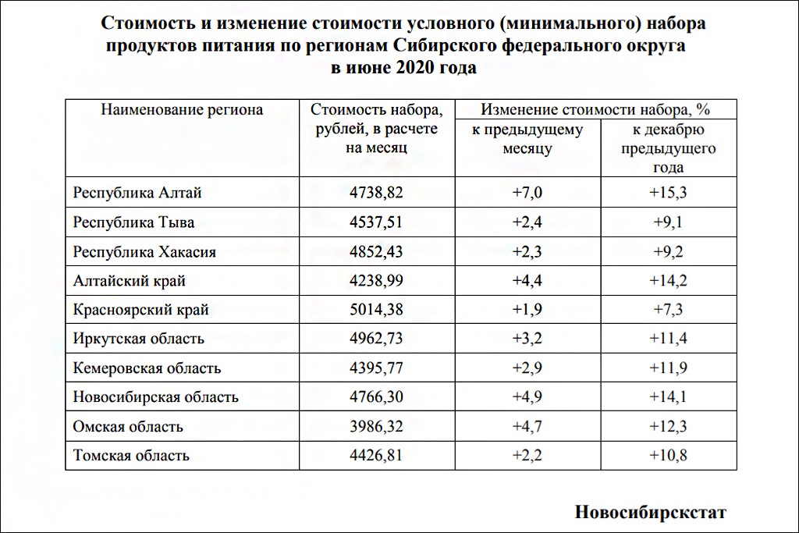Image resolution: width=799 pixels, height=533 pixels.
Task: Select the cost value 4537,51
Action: tap(377, 222)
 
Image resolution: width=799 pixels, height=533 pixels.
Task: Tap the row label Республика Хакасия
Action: tap(144, 251)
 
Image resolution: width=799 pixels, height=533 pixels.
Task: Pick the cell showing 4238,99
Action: tap(377, 280)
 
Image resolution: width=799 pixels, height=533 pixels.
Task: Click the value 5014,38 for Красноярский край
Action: tap(377, 310)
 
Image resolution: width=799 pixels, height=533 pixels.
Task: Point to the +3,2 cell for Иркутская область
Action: tap(527, 339)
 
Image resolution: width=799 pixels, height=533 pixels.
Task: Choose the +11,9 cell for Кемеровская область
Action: tap(668, 368)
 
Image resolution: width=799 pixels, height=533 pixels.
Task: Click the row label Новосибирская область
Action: tap(155, 396)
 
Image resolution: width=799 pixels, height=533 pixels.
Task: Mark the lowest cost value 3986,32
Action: tap(377, 426)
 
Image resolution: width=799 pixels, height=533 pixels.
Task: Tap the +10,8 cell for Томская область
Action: tap(668, 455)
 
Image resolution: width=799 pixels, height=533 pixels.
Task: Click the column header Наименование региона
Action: tap(182, 110)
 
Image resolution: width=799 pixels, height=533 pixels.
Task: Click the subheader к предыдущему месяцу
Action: tap(527, 139)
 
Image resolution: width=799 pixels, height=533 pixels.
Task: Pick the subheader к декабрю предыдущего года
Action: tap(668, 148)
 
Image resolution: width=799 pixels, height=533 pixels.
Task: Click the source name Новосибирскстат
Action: tap(650, 512)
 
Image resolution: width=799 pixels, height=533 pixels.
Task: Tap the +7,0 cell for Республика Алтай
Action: tap(527, 192)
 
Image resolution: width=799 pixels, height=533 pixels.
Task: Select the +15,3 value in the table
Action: tap(668, 192)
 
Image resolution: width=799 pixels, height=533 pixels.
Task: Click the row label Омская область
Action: tap(128, 426)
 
